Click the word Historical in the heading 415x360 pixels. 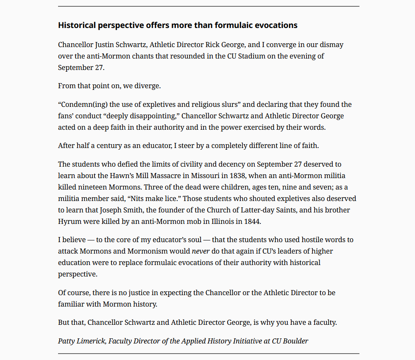click(77, 25)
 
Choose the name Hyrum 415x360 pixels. click(69, 221)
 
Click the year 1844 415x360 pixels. click(253, 221)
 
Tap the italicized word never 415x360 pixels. click(201, 251)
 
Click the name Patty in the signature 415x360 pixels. click(67, 341)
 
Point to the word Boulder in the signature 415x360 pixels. click(295, 341)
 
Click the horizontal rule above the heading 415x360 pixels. click(209, 6)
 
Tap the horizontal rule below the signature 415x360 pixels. click(209, 353)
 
